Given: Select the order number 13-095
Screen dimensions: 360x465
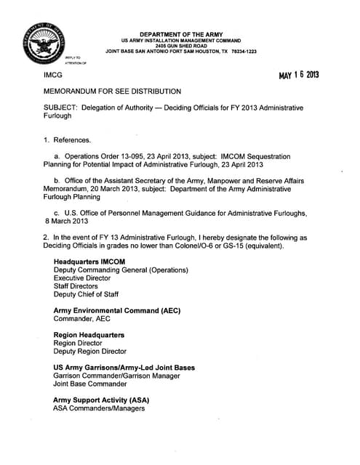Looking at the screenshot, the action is point(140,156).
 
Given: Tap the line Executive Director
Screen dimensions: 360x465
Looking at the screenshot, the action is point(82,278).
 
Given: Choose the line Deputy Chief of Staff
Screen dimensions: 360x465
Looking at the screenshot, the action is point(84,296).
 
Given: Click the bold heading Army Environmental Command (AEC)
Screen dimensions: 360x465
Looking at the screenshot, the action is point(117,310).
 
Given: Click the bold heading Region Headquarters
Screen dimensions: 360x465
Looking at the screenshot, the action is point(89,335).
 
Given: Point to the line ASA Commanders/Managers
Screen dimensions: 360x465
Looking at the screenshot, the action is point(99,408).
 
